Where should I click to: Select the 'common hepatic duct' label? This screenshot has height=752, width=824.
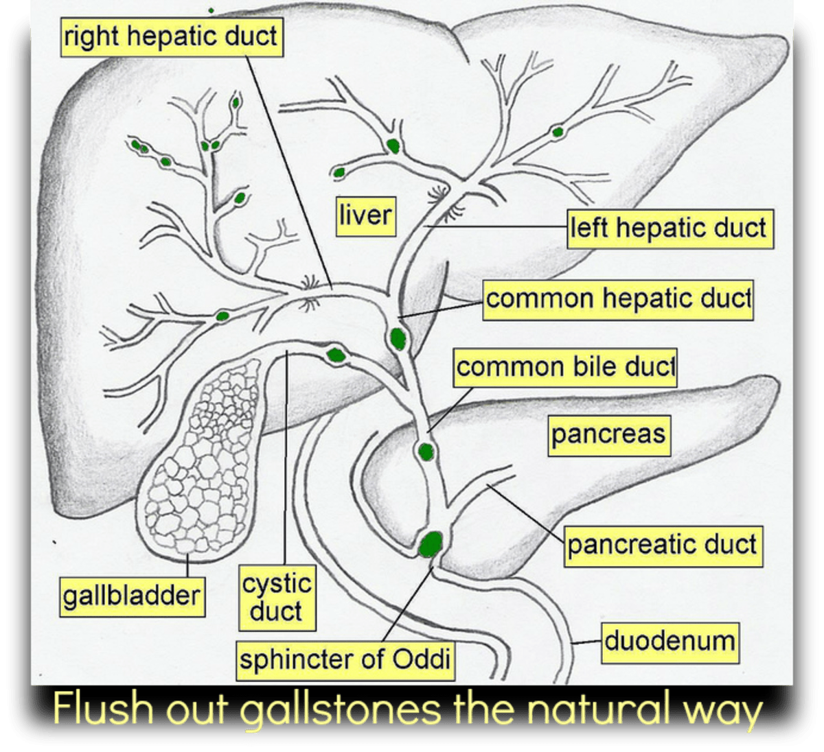618,300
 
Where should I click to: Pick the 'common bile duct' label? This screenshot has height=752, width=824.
565,367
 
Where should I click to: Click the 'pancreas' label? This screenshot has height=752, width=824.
608,434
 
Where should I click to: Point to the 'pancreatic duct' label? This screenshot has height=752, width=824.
663,545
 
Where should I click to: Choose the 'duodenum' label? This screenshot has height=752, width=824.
669,642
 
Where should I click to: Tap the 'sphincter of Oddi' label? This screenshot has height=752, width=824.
345,660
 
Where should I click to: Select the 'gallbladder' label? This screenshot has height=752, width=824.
131,594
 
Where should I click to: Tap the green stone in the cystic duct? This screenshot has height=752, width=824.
336,355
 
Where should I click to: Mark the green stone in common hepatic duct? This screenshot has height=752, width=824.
398,338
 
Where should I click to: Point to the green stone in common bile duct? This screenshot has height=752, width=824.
426,451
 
